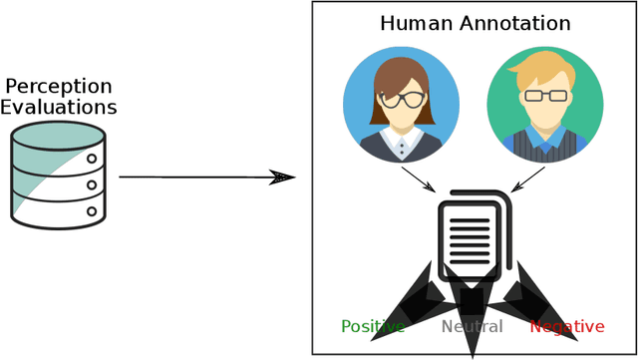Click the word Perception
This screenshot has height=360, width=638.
pyautogui.click(x=59, y=86)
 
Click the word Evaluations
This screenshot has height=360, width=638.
pyautogui.click(x=59, y=107)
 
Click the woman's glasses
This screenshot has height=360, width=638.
pyautogui.click(x=401, y=99)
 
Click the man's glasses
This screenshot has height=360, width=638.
pyautogui.click(x=545, y=96)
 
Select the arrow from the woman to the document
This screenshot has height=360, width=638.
pyautogui.click(x=418, y=179)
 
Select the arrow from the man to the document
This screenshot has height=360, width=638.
pyautogui.click(x=528, y=179)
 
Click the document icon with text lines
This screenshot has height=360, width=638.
pyautogui.click(x=472, y=233)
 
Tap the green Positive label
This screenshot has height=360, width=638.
pyautogui.click(x=373, y=326)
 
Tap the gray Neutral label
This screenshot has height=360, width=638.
pyautogui.click(x=473, y=326)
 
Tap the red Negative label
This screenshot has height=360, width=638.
pyautogui.click(x=566, y=326)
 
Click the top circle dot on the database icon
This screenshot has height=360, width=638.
pyautogui.click(x=93, y=158)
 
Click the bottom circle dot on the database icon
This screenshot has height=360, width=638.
pyautogui.click(x=93, y=210)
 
